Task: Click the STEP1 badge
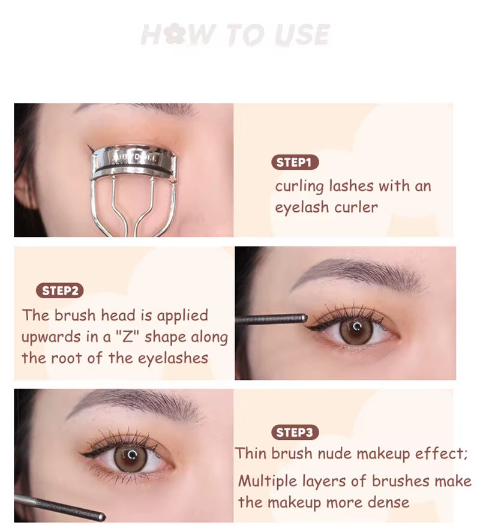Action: (294, 162)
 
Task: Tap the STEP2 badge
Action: (60, 291)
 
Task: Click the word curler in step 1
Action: (358, 208)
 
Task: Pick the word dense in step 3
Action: (390, 502)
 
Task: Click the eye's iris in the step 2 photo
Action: (356, 329)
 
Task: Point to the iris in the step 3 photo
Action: (130, 457)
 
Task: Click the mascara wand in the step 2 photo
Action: (270, 319)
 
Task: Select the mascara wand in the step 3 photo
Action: (60, 508)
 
